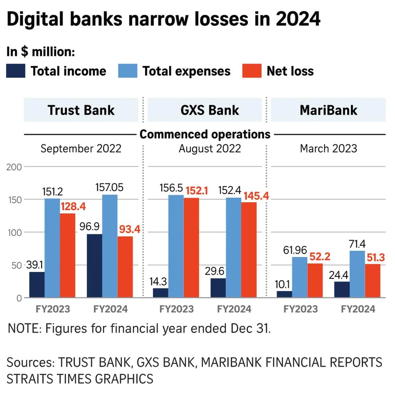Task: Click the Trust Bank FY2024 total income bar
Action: point(94,266)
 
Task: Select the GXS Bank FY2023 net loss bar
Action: point(191,248)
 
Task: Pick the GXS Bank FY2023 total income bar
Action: point(160,293)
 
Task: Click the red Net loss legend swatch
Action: point(251,71)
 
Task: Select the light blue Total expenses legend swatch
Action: point(127,71)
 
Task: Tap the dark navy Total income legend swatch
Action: point(16,71)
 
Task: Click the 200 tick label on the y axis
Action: point(14,166)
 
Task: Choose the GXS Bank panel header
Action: point(204,110)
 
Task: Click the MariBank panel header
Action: point(328,110)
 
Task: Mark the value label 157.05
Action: point(109,187)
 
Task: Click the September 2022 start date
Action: point(81,148)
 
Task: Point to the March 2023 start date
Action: point(328,148)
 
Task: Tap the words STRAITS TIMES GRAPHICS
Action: point(80,378)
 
